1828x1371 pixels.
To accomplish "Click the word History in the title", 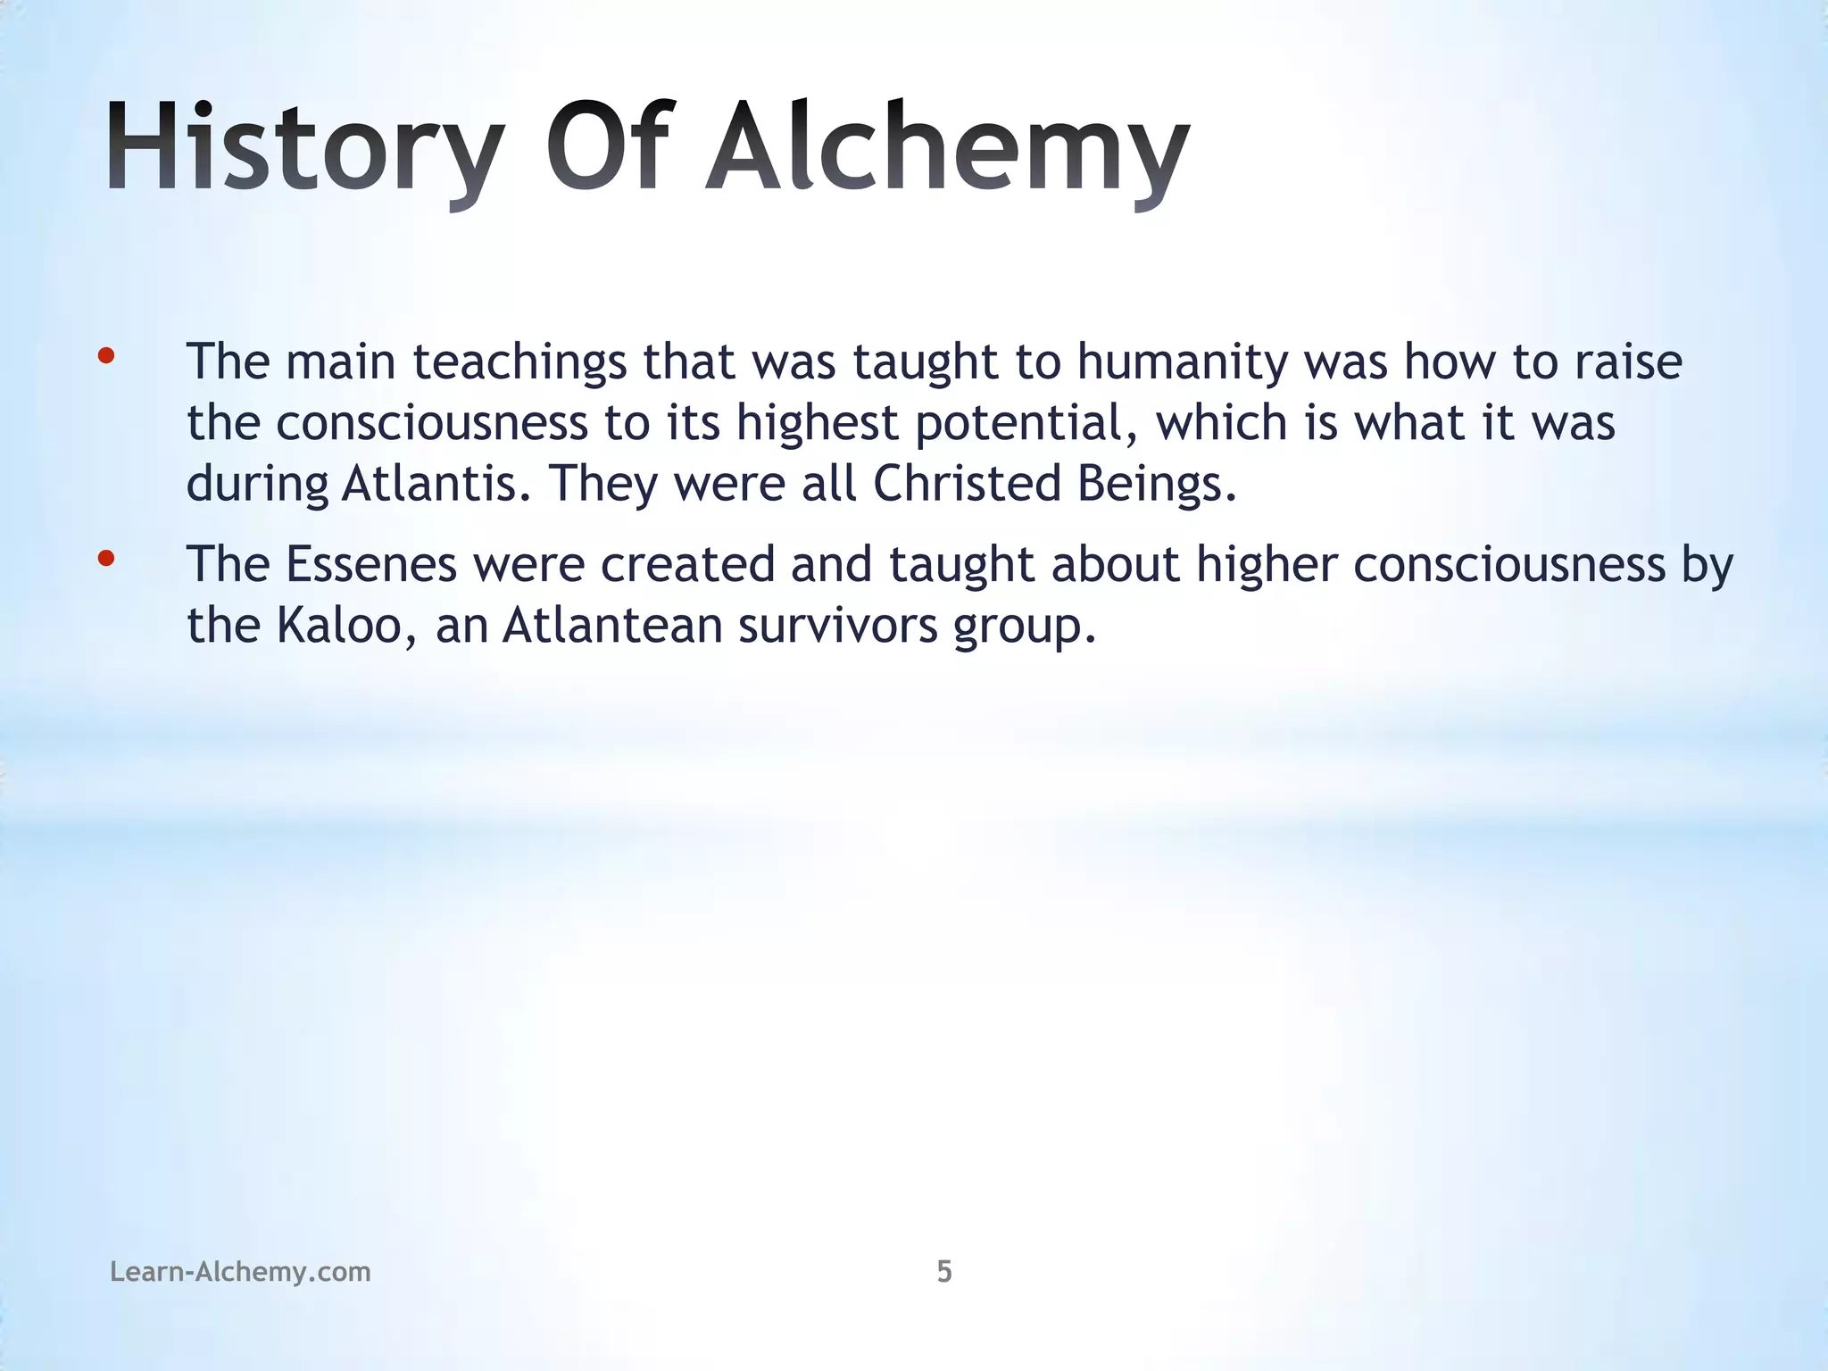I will tap(303, 147).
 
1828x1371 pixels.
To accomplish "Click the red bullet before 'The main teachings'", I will tap(106, 357).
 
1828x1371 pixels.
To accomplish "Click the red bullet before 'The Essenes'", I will tap(106, 560).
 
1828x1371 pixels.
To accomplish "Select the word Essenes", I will tap(371, 564).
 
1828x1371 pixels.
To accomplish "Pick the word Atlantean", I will tap(612, 625).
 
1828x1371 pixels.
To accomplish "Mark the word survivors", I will tap(838, 625).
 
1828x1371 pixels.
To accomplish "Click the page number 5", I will tap(944, 1271).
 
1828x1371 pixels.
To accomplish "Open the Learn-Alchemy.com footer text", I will tap(240, 1271).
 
